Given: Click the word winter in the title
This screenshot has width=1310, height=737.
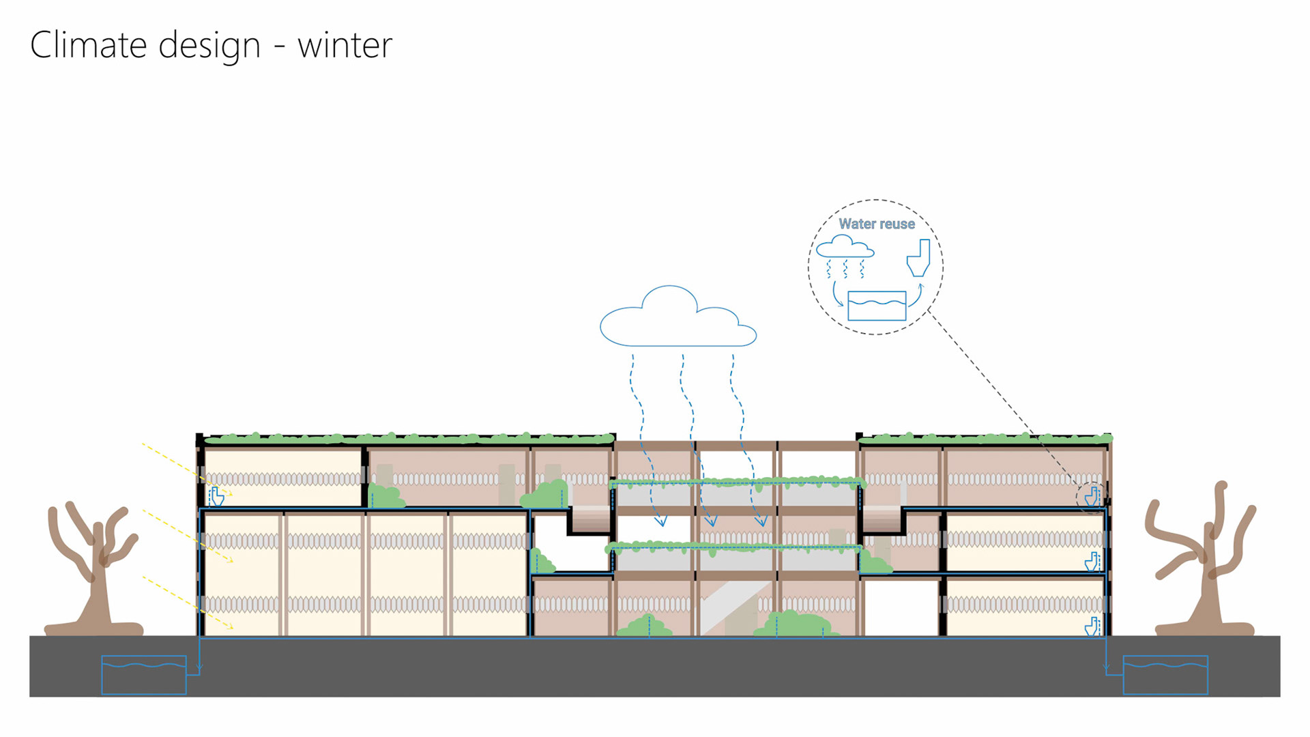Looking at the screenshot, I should [x=345, y=46].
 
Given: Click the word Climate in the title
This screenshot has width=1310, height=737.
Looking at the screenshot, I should [x=88, y=46].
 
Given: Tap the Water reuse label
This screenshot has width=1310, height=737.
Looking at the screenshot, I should [x=876, y=224].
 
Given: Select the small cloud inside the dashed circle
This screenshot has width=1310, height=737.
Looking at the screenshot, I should [x=845, y=246].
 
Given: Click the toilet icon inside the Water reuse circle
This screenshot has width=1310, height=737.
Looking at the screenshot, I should [x=919, y=257].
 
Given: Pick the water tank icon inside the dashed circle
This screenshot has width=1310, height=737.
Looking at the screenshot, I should [x=877, y=306].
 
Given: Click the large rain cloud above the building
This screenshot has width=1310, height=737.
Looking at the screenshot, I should [x=677, y=319].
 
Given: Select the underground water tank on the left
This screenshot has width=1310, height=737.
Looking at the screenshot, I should [x=144, y=675].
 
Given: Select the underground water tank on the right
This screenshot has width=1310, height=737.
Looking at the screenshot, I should [x=1165, y=675].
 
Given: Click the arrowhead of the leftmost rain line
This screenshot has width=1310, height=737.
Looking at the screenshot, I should [x=660, y=522].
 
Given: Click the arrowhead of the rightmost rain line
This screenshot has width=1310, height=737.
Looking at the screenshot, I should [x=761, y=522].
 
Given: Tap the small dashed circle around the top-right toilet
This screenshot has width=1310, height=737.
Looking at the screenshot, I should [x=1090, y=496].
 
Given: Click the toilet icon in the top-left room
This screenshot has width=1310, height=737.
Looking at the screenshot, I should [x=217, y=496].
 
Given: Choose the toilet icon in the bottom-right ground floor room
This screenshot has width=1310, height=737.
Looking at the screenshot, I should [x=1092, y=626].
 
